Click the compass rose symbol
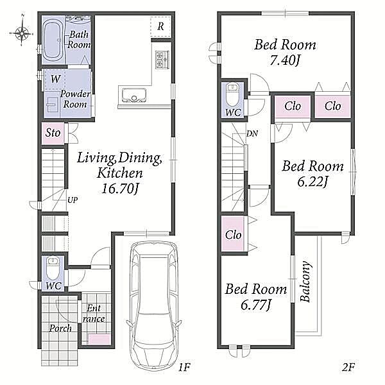click(22, 33)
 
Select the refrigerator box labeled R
click(160, 27)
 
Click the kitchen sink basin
click(134, 95)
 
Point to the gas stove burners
click(162, 59)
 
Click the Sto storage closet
click(53, 133)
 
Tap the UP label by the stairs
click(73, 200)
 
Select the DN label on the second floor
click(252, 133)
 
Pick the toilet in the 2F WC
click(232, 95)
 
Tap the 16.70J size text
click(121, 189)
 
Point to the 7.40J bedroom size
click(285, 60)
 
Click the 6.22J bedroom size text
click(312, 182)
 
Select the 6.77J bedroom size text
click(256, 305)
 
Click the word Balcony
click(305, 282)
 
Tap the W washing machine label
click(55, 79)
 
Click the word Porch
click(60, 328)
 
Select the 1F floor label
click(184, 367)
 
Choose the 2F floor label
click(348, 367)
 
